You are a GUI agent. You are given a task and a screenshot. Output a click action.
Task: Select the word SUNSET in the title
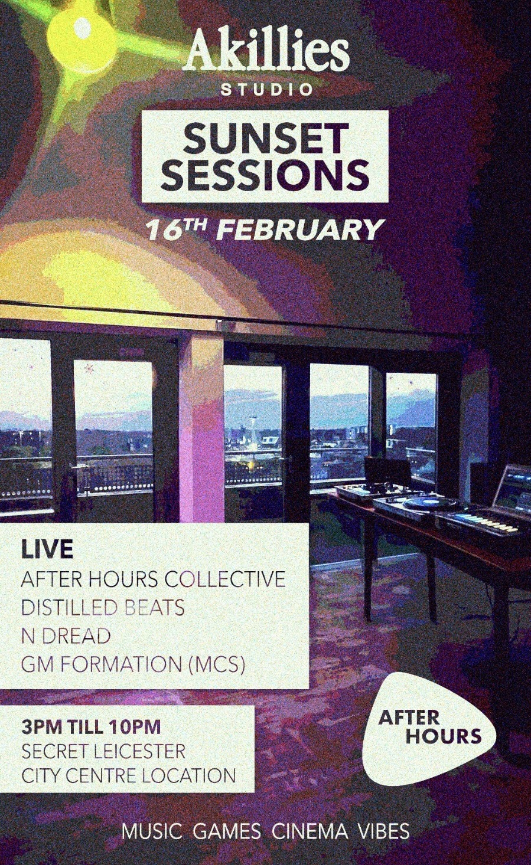click(x=265, y=138)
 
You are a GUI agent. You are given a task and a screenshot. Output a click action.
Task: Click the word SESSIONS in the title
click(x=265, y=175)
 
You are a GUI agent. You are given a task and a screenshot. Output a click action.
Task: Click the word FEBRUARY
click(x=299, y=231)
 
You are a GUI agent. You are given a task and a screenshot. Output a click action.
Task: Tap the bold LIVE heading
click(x=47, y=549)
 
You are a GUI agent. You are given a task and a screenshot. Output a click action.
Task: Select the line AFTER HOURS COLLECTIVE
click(x=154, y=579)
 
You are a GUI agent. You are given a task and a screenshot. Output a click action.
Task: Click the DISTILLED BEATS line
click(x=102, y=607)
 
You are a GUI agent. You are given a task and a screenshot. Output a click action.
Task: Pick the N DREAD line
click(x=66, y=636)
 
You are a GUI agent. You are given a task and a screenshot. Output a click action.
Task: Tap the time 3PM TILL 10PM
click(x=91, y=728)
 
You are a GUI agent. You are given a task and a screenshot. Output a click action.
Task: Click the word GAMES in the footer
click(x=227, y=832)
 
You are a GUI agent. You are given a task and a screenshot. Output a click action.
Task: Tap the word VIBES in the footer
click(x=384, y=832)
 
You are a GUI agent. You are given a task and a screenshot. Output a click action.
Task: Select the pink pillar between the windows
click(x=202, y=428)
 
